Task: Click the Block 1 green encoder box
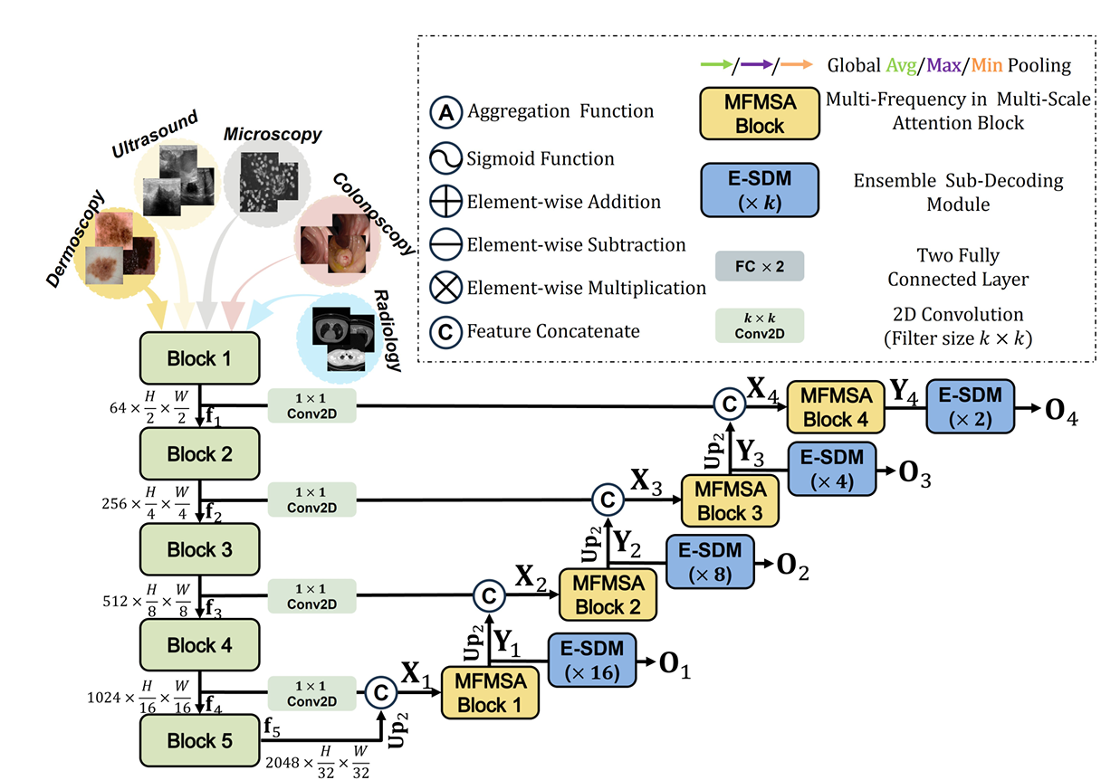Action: click(x=199, y=358)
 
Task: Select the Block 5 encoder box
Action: click(x=199, y=741)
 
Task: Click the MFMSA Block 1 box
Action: click(x=490, y=693)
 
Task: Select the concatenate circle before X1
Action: click(x=380, y=691)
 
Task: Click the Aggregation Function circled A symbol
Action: click(x=446, y=112)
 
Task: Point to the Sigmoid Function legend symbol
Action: click(x=446, y=159)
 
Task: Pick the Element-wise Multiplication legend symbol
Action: click(x=446, y=288)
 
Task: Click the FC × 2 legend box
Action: click(x=759, y=267)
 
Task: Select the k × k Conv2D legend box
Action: click(x=759, y=325)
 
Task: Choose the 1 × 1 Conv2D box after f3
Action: click(x=312, y=596)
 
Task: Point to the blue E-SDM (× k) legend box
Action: click(x=759, y=189)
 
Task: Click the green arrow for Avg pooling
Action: click(x=716, y=65)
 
